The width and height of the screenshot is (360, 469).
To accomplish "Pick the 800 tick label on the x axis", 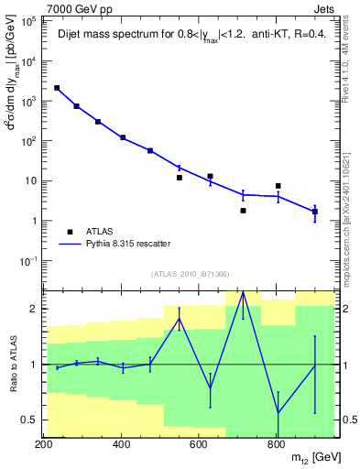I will tap(276, 444).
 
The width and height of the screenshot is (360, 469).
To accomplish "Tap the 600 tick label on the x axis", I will tap(199, 444).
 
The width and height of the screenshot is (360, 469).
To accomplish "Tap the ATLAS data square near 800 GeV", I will tap(278, 186).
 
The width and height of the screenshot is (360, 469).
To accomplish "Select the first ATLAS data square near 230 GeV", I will tap(57, 88).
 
